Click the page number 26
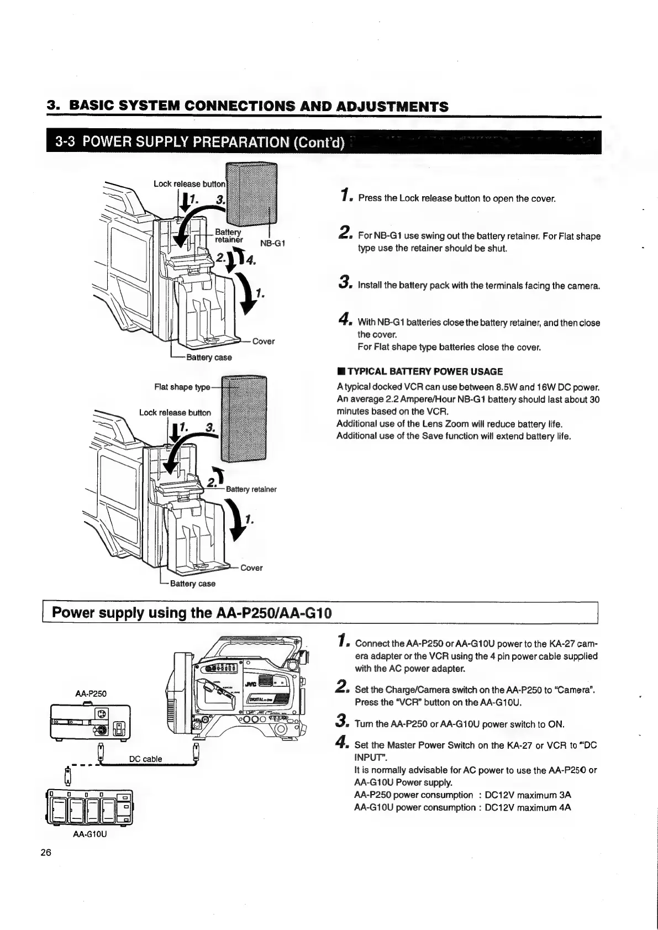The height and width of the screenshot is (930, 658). pos(46,852)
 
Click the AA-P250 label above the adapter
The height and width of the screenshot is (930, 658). pos(91,693)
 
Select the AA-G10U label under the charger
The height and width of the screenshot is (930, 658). pos(90,834)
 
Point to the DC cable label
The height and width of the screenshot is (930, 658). pos(145,759)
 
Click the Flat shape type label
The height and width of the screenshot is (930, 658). pos(182,387)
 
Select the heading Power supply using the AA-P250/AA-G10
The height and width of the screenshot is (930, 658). pos(191,613)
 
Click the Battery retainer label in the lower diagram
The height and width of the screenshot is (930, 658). pos(251,489)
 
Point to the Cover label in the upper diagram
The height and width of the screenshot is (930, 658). pos(263,341)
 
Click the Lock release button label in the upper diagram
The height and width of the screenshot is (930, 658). pos(189,183)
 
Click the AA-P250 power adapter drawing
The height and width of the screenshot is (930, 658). pos(90,722)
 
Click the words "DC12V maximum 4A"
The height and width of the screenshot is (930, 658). pos(528,807)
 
